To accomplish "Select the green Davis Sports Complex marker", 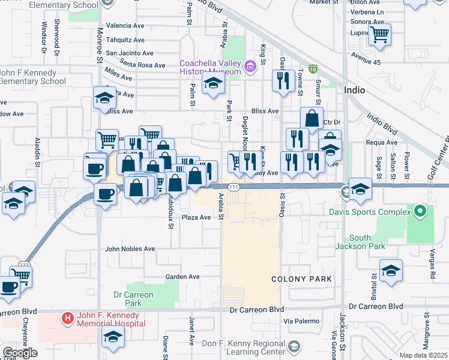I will click(x=420, y=211).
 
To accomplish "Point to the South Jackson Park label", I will click(x=360, y=242).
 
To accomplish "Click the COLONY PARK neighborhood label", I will click(x=298, y=279).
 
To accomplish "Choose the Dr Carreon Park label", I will click(x=133, y=299).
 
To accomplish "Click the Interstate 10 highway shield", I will click(x=312, y=69).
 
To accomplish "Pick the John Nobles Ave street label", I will click(x=130, y=248).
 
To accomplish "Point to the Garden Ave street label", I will click(x=182, y=277).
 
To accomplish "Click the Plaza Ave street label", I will click(x=196, y=217).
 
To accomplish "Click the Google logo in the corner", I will click(x=20, y=353).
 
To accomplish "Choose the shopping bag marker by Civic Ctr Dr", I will click(x=312, y=118).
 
